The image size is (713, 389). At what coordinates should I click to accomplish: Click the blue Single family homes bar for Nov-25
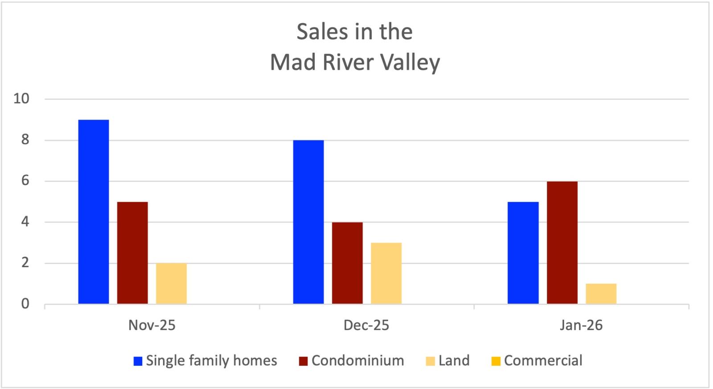point(94,212)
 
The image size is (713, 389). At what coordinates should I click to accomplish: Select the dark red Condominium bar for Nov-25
point(132,253)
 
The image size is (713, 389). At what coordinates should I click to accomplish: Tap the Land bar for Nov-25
point(171,284)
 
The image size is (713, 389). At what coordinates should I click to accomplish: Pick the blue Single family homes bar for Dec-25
point(308,222)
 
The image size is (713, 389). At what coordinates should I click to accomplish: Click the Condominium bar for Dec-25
point(347,263)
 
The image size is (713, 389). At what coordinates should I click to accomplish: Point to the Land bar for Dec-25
point(386,273)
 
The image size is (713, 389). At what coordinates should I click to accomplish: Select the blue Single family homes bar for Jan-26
point(523,253)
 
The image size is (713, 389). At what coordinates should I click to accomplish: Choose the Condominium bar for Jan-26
point(562,243)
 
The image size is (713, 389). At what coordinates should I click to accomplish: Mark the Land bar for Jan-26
point(601,294)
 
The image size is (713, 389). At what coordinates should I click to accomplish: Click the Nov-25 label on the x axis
point(152,325)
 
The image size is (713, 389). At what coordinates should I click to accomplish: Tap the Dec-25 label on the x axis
point(366,325)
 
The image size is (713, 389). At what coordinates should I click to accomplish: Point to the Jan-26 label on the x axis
point(581,325)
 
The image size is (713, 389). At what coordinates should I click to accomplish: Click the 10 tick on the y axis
point(21,99)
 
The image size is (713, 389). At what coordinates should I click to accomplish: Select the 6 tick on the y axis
point(25,181)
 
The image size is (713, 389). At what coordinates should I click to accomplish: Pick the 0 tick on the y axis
point(25,304)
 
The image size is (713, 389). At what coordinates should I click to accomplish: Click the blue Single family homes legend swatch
point(138,361)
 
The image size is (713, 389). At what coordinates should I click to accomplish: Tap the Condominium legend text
point(358,360)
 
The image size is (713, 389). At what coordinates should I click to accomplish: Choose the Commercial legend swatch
point(496,361)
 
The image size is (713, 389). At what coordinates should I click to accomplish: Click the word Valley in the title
point(410,62)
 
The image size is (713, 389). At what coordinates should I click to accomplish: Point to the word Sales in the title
point(322,32)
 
